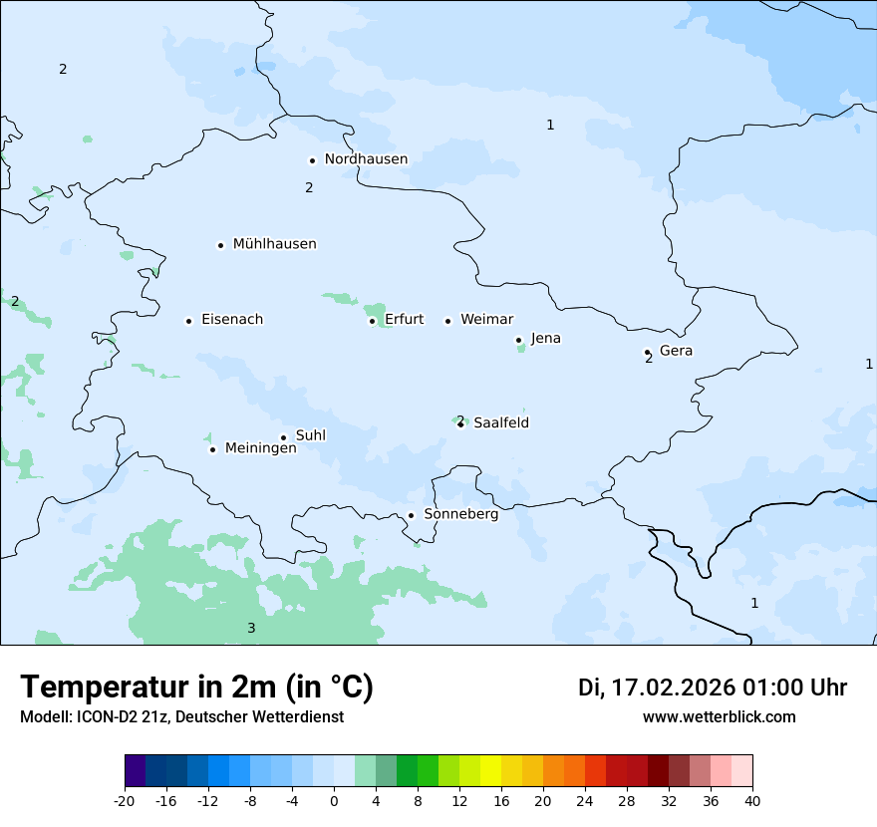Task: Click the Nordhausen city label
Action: click(x=366, y=159)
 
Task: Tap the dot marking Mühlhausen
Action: click(x=220, y=245)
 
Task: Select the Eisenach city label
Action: click(x=232, y=320)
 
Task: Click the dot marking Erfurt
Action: click(x=372, y=321)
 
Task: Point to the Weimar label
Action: click(x=486, y=320)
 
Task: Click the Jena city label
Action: click(x=545, y=339)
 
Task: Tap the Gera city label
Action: click(x=676, y=351)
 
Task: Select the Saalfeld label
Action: click(x=500, y=423)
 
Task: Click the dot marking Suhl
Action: click(x=283, y=437)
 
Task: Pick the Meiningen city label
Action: click(x=260, y=448)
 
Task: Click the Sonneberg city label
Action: click(x=460, y=515)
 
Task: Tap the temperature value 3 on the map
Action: click(x=251, y=628)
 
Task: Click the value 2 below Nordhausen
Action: click(x=309, y=187)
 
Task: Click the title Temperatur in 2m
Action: click(x=196, y=688)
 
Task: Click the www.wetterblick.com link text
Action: click(x=719, y=717)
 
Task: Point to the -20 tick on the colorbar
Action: click(x=125, y=800)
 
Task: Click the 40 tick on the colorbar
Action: click(x=752, y=800)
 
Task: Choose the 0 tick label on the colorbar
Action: click(x=334, y=800)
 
